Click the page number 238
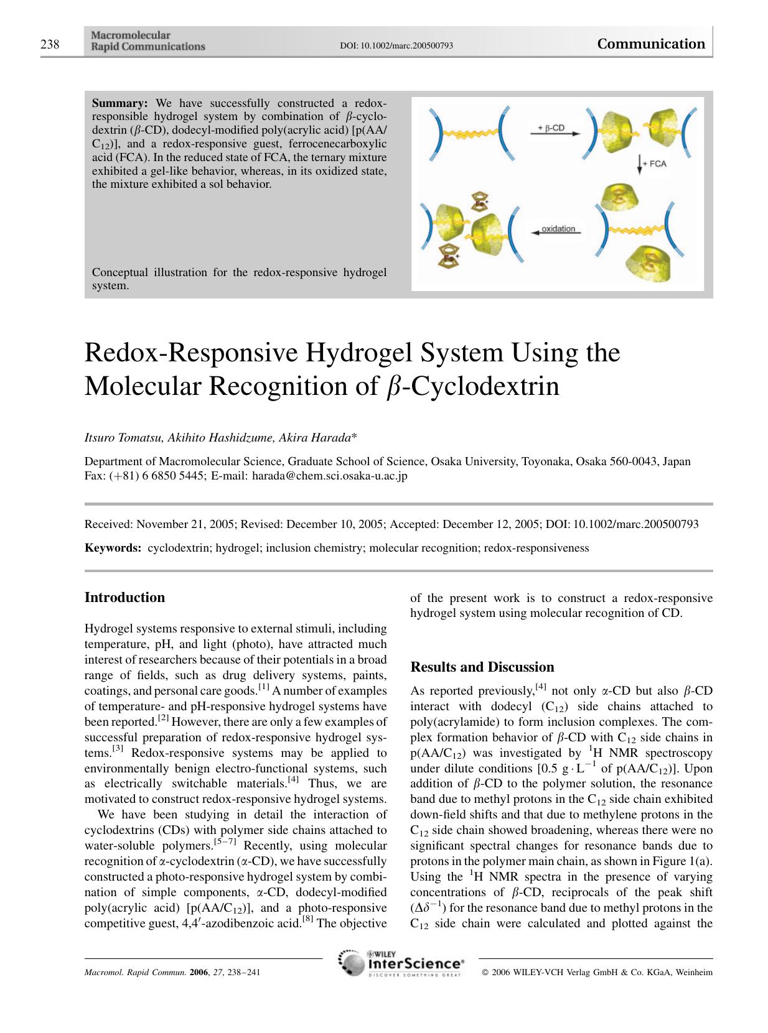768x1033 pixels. point(50,44)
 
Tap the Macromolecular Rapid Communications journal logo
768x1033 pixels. point(148,41)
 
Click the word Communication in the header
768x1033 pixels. point(650,44)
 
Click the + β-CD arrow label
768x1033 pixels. point(550,128)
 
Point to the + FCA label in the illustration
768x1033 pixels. point(653,164)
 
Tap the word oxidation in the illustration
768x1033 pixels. point(558,229)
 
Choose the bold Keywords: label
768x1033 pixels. point(113,548)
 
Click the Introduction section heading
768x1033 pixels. point(124,598)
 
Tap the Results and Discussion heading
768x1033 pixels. point(482,667)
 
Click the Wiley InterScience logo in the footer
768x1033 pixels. point(401,963)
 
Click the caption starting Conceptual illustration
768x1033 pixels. point(239,279)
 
